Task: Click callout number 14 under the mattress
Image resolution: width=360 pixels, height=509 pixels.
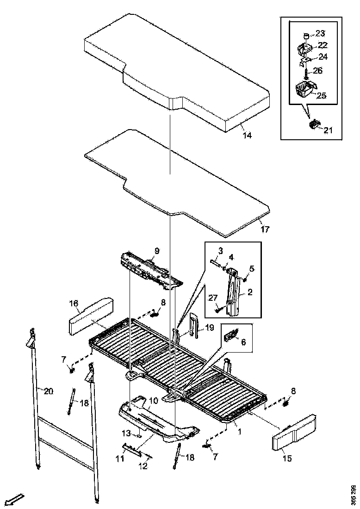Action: coord(248,136)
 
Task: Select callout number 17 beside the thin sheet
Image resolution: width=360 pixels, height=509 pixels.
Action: coord(265,229)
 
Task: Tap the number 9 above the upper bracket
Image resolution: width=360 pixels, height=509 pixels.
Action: coord(157,251)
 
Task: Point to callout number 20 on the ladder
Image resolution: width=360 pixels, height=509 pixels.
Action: coord(49,392)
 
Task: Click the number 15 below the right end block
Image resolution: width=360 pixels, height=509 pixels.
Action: coord(287,458)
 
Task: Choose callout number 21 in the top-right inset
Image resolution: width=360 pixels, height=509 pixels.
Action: coord(328,130)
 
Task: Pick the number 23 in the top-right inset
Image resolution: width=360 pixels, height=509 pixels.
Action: coord(320,33)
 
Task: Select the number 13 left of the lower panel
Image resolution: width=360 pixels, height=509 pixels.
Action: coord(127,434)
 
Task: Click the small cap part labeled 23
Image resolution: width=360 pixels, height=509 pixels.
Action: coord(306,35)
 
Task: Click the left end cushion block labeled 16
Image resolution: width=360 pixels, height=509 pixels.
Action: coord(91,316)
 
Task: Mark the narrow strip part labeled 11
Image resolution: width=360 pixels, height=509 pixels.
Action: coord(134,449)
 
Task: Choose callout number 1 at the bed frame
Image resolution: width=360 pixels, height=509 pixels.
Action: coord(240,432)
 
